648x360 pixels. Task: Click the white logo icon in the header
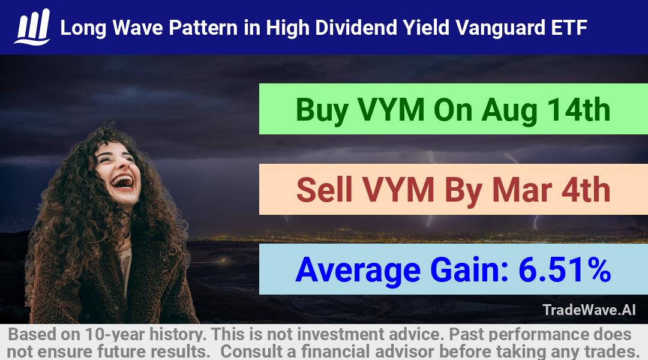[x=32, y=27]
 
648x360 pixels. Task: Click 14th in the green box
[x=578, y=110]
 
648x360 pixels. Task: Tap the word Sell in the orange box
[x=324, y=190]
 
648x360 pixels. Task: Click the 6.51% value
[x=565, y=270]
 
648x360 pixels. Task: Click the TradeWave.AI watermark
[x=589, y=310]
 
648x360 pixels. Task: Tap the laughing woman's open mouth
[x=123, y=181]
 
